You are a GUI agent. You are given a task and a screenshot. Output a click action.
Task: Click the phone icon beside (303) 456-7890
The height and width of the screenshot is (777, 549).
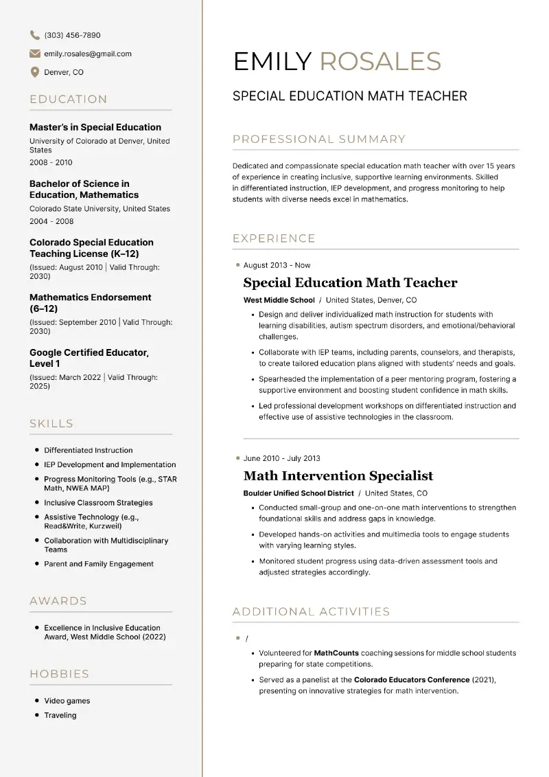pyautogui.click(x=34, y=35)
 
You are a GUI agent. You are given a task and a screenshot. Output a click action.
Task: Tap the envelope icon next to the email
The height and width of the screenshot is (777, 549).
pyautogui.click(x=34, y=54)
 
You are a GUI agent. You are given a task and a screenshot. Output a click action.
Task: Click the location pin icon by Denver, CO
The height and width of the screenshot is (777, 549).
pyautogui.click(x=34, y=72)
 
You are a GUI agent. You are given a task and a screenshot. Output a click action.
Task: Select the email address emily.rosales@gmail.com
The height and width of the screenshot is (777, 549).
pyautogui.click(x=87, y=54)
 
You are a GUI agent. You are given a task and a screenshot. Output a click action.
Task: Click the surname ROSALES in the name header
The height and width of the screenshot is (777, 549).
pyautogui.click(x=380, y=62)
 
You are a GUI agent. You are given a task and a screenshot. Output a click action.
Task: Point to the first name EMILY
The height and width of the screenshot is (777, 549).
pyautogui.click(x=272, y=62)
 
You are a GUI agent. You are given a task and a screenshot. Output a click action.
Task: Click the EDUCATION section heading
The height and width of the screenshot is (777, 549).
pyautogui.click(x=69, y=99)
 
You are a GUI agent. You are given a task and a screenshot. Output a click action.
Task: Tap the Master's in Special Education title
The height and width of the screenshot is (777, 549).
pyautogui.click(x=95, y=127)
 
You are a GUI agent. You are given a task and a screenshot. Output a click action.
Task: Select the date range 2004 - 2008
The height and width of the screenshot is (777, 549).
pyautogui.click(x=51, y=221)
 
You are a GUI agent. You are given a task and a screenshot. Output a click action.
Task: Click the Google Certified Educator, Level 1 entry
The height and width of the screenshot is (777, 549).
pyautogui.click(x=89, y=358)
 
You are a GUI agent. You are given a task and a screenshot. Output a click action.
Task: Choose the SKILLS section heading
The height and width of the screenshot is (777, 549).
pyautogui.click(x=51, y=423)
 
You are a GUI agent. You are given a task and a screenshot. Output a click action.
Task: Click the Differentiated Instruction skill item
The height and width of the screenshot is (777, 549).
pyautogui.click(x=89, y=451)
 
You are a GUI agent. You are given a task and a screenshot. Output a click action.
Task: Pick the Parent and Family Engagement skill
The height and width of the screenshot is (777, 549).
pyautogui.click(x=99, y=564)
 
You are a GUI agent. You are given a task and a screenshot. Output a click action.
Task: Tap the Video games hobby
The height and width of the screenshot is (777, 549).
pyautogui.click(x=67, y=701)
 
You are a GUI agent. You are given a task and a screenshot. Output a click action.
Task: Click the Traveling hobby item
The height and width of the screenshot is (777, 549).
pyautogui.click(x=60, y=715)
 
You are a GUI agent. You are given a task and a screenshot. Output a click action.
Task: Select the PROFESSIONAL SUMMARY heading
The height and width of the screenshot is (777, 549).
pyautogui.click(x=319, y=139)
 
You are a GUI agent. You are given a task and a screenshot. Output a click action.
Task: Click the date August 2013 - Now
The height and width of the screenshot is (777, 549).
pyautogui.click(x=277, y=265)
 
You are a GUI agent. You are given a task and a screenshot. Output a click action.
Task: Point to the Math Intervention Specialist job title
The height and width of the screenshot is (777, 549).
pyautogui.click(x=338, y=475)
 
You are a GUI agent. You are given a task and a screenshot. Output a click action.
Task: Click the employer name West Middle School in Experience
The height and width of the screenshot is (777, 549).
pyautogui.click(x=279, y=300)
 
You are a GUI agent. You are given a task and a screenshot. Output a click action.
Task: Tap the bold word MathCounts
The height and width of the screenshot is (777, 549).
pyautogui.click(x=336, y=653)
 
